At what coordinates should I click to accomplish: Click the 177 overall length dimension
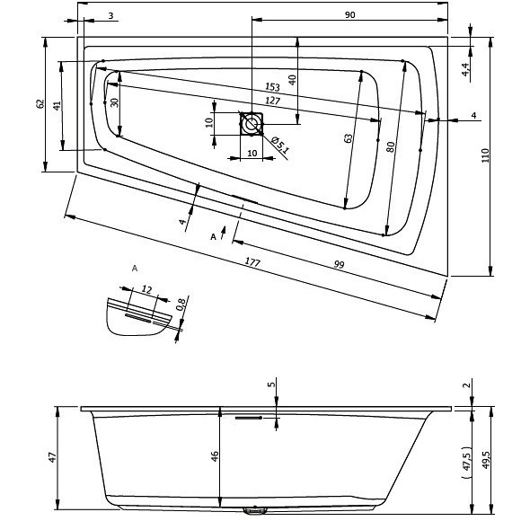pos(252,262)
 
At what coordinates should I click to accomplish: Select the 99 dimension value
pos(339,264)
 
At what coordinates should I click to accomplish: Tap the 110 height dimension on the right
pos(485,155)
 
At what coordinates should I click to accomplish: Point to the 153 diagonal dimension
pos(272,87)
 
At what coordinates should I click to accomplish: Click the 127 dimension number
pos(273,101)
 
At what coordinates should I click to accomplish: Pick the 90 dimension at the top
pos(350,15)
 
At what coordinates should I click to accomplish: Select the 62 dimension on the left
pos(40,103)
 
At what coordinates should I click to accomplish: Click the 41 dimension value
pos(57,106)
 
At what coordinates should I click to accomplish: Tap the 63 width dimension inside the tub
pos(348,138)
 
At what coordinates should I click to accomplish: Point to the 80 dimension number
pos(391,146)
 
